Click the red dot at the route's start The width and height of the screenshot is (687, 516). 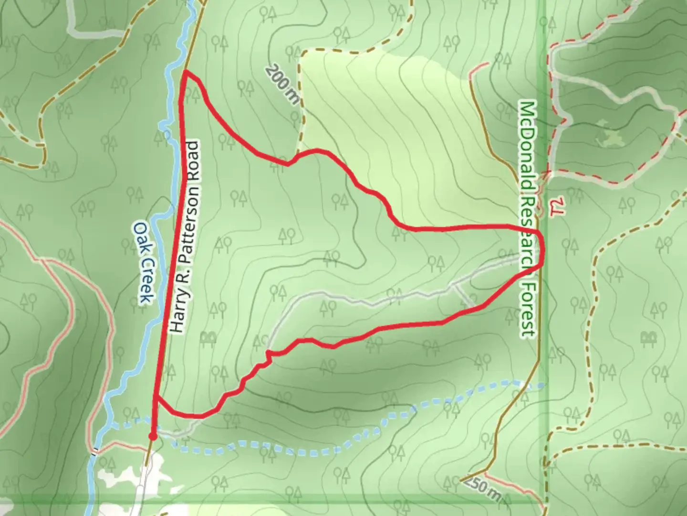(152, 436)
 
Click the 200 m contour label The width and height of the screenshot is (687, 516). (283, 85)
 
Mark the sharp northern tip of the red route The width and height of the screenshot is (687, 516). (185, 72)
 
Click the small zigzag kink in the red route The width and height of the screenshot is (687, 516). (268, 355)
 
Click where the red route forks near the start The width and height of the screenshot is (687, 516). (156, 398)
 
